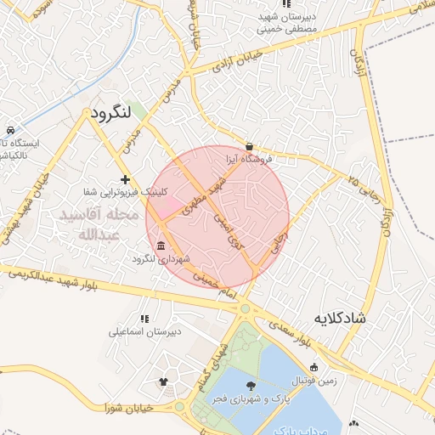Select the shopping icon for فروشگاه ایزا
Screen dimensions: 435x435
pos(248,145)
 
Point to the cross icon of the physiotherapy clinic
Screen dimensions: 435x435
pos(126,179)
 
